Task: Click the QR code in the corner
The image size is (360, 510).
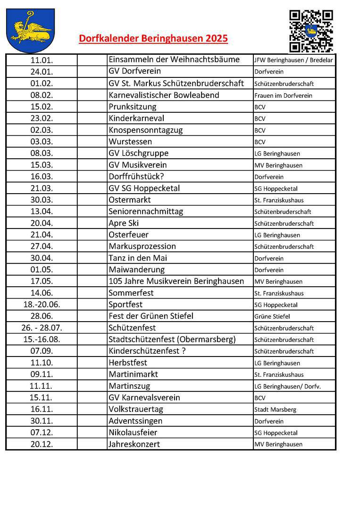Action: coord(311,31)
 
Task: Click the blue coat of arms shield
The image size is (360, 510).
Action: coord(30,31)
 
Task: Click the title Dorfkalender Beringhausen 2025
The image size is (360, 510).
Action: coord(153,39)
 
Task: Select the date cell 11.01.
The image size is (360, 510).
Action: coord(42,60)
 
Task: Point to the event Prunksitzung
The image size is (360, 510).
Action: coord(132,107)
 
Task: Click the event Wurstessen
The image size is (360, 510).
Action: coord(130,142)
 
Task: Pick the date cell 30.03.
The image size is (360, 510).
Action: coord(42,200)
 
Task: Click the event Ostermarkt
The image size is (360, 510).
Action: coord(130,200)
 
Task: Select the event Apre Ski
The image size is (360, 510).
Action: coord(124,223)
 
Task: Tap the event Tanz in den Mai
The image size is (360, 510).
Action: coord(138,258)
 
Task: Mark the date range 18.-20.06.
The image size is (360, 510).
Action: coord(42,305)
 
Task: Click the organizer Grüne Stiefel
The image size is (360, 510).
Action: coord(272,316)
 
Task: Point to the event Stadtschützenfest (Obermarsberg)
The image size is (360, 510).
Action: coord(172,340)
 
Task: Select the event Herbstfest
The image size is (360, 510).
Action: coord(128,363)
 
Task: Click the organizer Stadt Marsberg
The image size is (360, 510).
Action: coord(275,409)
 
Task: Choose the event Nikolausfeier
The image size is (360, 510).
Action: coord(133,433)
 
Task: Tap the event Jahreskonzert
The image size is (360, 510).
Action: coord(134,444)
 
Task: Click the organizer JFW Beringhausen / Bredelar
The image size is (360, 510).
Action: coord(293,60)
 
